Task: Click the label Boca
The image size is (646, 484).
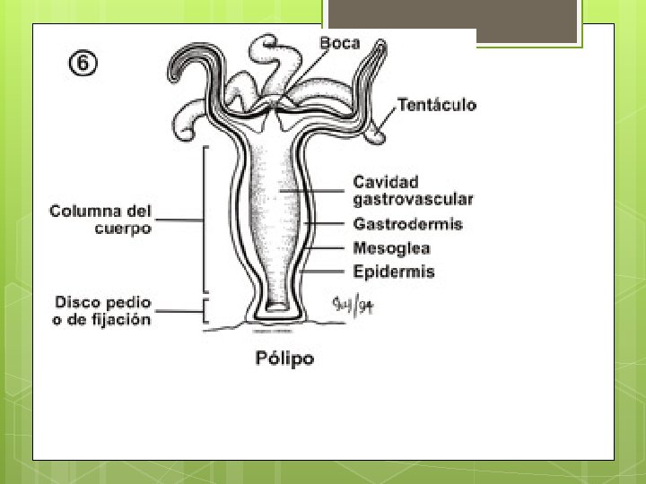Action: [x=341, y=43]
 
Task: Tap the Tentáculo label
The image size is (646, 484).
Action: [x=436, y=105]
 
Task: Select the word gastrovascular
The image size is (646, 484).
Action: [x=413, y=199]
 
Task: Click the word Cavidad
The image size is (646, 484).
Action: [x=386, y=182]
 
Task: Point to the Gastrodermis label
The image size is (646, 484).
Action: [x=408, y=224]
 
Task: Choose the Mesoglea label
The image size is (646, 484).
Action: [x=391, y=248]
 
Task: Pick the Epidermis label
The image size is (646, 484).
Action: [x=394, y=271]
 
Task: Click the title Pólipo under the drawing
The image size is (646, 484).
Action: [x=284, y=359]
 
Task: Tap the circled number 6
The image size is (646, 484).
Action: [x=83, y=64]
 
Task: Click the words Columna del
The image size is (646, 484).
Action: [x=100, y=212]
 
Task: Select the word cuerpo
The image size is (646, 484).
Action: [x=123, y=229]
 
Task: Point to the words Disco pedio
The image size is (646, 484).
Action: [x=103, y=302]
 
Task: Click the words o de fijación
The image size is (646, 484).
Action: [x=101, y=320]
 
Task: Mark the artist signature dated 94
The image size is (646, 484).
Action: [x=353, y=305]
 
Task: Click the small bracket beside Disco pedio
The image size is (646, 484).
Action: [x=207, y=311]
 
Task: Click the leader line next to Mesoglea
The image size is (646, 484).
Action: [x=327, y=247]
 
